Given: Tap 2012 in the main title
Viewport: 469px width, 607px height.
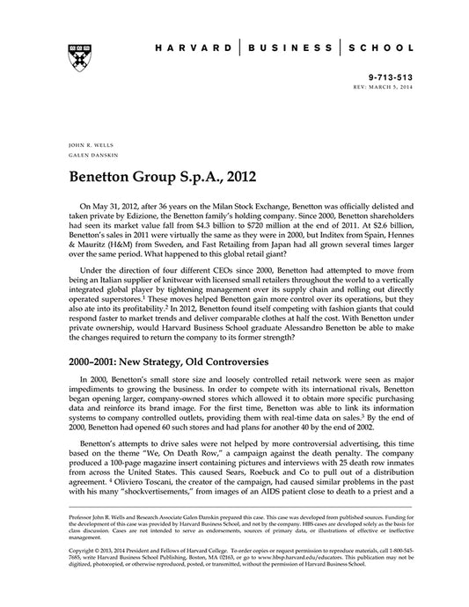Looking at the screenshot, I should point(238,176).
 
